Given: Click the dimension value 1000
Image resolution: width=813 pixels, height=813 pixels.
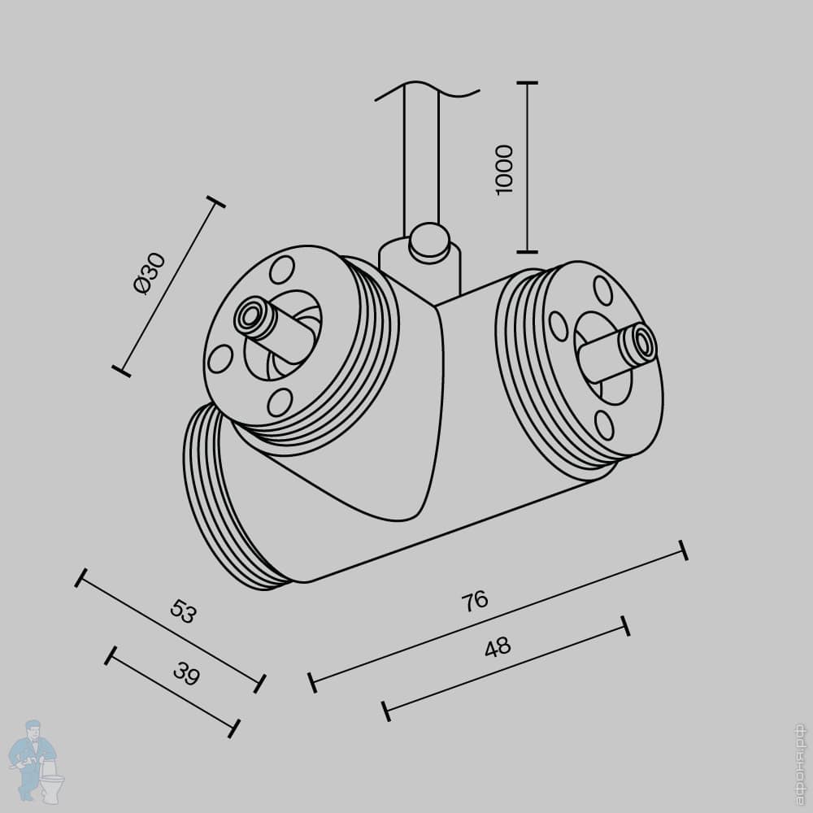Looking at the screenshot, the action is pyautogui.click(x=505, y=170).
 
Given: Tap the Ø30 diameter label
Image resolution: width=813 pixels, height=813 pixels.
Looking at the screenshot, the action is pyautogui.click(x=150, y=273).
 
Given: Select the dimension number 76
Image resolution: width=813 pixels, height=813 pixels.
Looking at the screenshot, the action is pyautogui.click(x=475, y=601).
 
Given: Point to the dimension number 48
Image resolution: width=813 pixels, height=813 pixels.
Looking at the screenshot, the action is pyautogui.click(x=498, y=647).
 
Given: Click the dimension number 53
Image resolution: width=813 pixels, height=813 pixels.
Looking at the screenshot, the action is pyautogui.click(x=184, y=611).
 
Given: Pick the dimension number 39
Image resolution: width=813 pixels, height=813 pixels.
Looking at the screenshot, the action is pyautogui.click(x=186, y=674).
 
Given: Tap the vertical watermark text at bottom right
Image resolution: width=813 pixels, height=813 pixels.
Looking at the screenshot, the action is pyautogui.click(x=801, y=764).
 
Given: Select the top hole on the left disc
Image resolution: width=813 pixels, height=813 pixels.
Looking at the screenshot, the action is pyautogui.click(x=282, y=270).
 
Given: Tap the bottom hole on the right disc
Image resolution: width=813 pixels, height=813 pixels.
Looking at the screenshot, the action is pyautogui.click(x=605, y=425).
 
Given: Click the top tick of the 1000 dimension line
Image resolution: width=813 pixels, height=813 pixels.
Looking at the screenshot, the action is pyautogui.click(x=528, y=82).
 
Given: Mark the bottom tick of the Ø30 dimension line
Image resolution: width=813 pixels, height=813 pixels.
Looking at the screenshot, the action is pyautogui.click(x=121, y=371).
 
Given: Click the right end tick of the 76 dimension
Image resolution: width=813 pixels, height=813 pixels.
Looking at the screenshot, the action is pyautogui.click(x=684, y=550).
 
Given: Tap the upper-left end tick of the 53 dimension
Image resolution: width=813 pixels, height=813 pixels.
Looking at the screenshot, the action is pyautogui.click(x=80, y=577).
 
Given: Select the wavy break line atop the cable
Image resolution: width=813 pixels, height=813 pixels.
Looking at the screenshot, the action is pyautogui.click(x=427, y=90).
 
